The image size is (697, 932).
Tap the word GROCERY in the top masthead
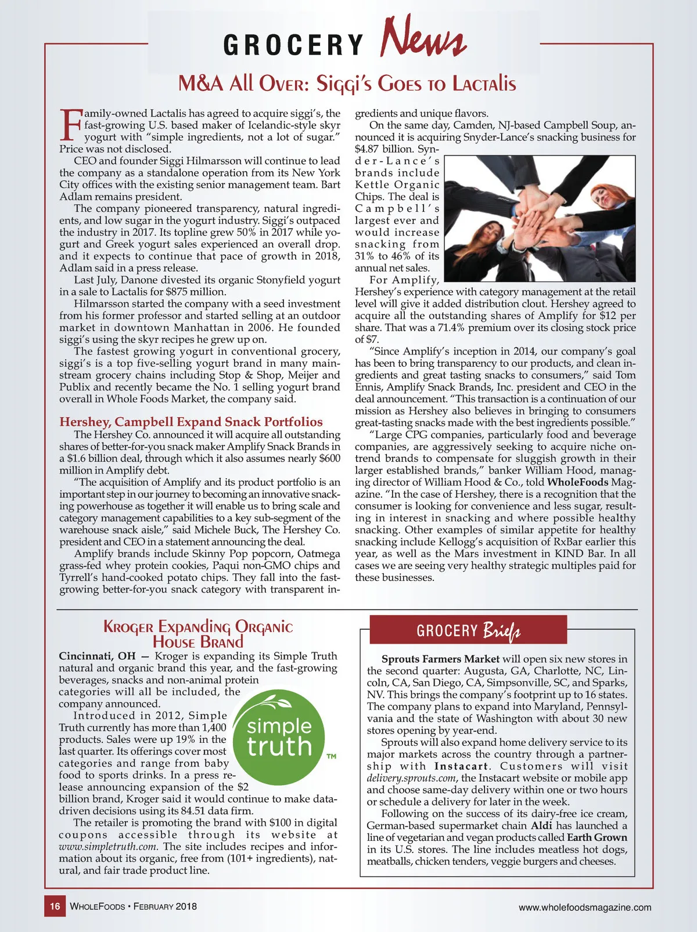click(293, 45)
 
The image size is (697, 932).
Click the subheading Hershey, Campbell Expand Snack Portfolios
click(191, 422)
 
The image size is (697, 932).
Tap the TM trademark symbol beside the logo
click(331, 757)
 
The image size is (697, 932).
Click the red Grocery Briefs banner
click(468, 630)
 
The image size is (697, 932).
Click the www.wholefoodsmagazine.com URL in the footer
click(584, 907)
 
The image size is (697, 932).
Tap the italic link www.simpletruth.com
click(109, 847)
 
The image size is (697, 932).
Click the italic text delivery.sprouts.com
click(412, 778)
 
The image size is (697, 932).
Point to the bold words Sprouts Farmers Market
click(440, 659)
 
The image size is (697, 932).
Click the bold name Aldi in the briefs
click(540, 826)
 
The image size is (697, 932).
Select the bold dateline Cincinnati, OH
click(97, 656)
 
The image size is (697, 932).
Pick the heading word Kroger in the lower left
click(128, 627)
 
